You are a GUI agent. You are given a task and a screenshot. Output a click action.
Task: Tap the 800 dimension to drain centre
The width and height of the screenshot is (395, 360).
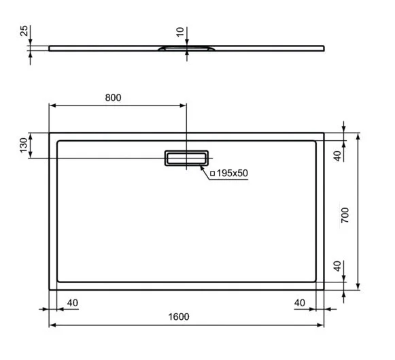coord(113,97)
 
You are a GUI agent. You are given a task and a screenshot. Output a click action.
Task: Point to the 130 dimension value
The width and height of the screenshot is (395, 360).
coord(23,145)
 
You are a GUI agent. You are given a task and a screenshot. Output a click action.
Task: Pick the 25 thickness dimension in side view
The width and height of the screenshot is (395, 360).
coord(24,32)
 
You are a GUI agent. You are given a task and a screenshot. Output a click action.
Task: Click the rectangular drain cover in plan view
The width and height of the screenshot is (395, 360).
coord(185,158)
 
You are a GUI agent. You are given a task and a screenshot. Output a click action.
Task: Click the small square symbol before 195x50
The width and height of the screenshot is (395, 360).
coord(212,174)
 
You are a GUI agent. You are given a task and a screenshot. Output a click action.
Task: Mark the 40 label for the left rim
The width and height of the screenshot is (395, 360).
coord(73,301)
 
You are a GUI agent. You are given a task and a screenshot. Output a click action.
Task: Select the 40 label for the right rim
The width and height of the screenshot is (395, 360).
coord(299,301)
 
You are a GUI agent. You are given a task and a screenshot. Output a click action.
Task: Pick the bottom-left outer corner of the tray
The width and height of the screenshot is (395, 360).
coord(49,289)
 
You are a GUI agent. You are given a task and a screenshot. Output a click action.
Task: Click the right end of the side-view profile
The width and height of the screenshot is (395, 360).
coord(324,48)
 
